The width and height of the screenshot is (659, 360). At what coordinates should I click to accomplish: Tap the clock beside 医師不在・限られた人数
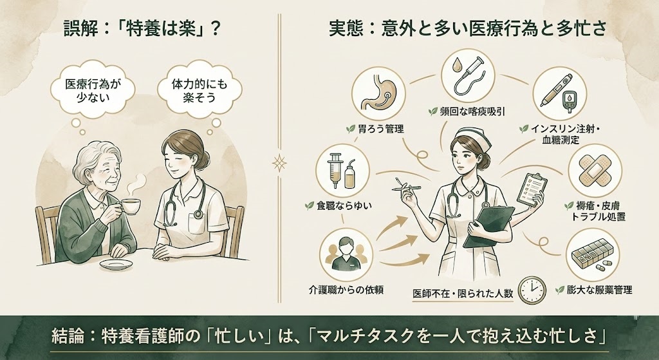(x=531, y=292)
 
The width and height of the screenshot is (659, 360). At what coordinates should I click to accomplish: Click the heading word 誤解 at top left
(x=79, y=29)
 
